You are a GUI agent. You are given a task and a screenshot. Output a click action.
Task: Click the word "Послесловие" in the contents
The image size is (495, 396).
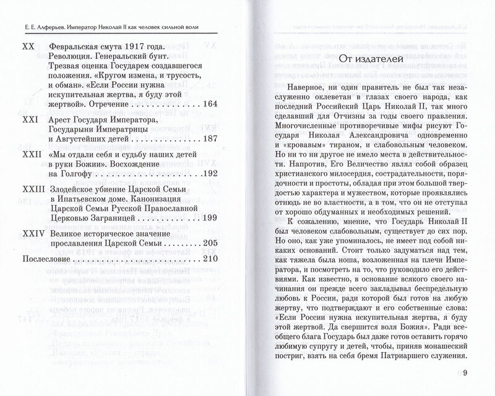pyautogui.click(x=50, y=260)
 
